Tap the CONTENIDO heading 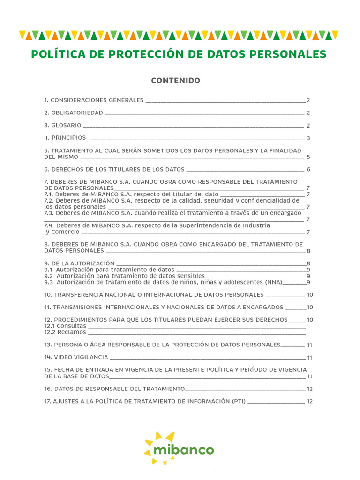(175, 81)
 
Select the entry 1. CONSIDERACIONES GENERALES (94, 100)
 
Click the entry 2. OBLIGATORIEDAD (74, 113)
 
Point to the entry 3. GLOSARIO (63, 126)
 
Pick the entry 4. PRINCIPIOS (65, 138)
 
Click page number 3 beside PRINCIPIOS (308, 138)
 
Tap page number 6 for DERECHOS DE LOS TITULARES (308, 170)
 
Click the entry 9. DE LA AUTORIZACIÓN (79, 263)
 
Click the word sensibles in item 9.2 (191, 276)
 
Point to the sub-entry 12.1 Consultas (65, 326)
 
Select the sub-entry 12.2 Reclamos (65, 332)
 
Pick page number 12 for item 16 (309, 389)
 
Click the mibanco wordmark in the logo (184, 450)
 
